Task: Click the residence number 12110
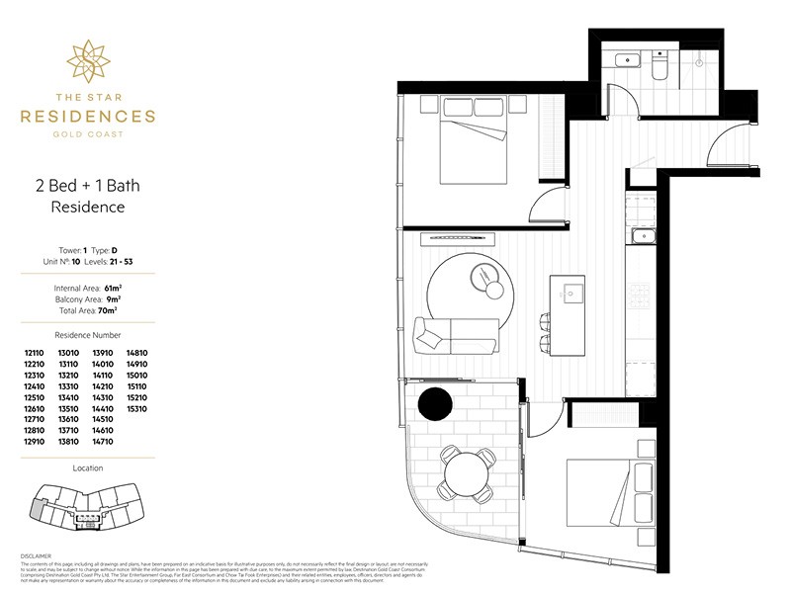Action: tap(36, 353)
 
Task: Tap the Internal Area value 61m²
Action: tap(126, 288)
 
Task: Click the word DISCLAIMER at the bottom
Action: tap(36, 556)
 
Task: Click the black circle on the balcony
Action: tap(434, 404)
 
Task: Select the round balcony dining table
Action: tap(467, 472)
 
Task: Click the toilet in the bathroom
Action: tap(659, 64)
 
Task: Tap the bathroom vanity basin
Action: tap(625, 62)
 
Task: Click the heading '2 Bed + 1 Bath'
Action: tap(87, 185)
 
